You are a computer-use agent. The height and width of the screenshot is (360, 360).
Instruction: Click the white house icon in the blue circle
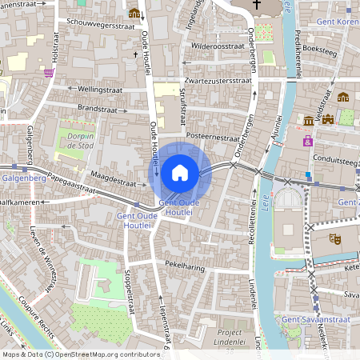click(x=180, y=172)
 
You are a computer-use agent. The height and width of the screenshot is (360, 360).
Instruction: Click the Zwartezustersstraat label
click(x=218, y=81)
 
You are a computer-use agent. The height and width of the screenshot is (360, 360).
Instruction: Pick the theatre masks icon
click(x=337, y=238)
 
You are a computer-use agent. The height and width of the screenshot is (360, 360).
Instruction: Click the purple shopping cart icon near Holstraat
click(x=49, y=72)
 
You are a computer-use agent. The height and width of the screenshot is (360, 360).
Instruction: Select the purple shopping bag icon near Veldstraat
click(x=307, y=141)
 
